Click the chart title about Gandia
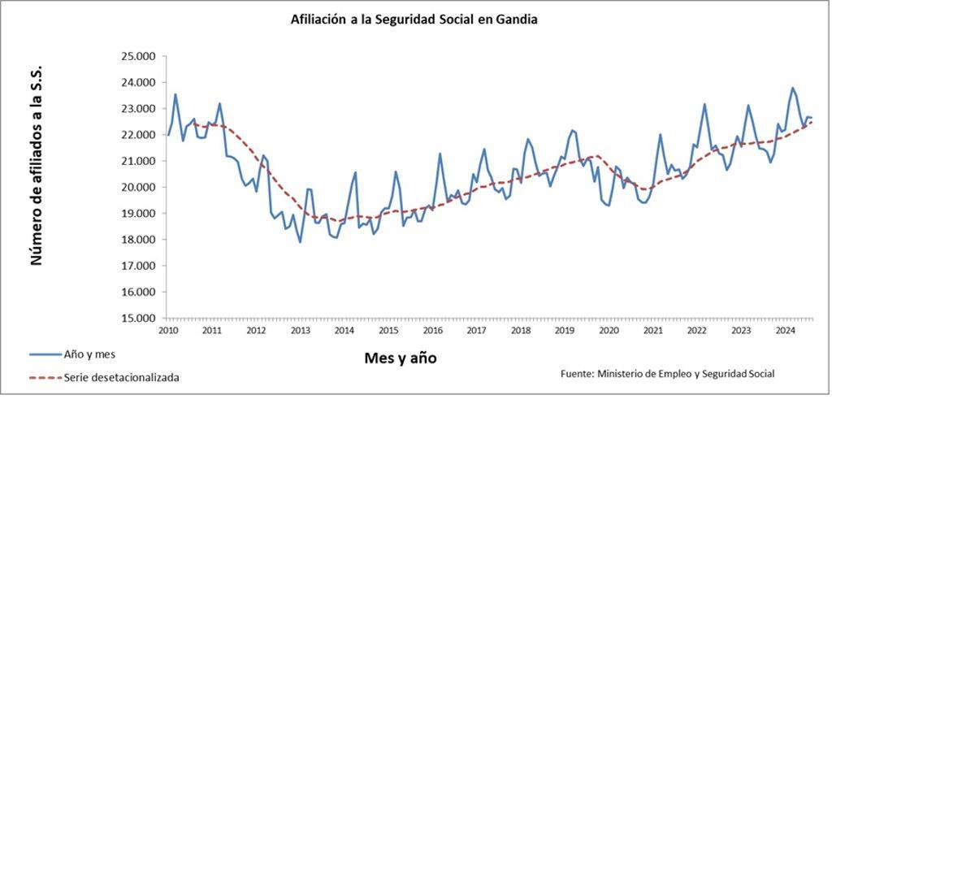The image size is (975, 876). click(x=414, y=19)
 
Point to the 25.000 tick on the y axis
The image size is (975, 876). click(x=137, y=56)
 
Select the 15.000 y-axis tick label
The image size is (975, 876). click(x=137, y=318)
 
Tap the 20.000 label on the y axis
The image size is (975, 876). click(x=137, y=187)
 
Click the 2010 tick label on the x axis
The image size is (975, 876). click(x=168, y=331)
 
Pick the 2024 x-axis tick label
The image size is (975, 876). click(x=785, y=331)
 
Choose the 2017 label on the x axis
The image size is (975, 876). click(x=476, y=331)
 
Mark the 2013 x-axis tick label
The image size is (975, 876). click(x=300, y=331)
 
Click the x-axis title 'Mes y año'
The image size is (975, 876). click(x=400, y=358)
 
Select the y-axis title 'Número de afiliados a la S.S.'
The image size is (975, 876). click(x=36, y=167)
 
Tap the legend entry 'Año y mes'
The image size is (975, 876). click(x=89, y=354)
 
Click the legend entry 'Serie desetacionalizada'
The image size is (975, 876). click(x=121, y=377)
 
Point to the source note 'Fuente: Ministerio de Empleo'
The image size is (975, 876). click(x=667, y=374)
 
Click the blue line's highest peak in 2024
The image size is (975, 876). click(x=792, y=88)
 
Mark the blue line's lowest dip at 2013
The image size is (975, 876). click(x=300, y=242)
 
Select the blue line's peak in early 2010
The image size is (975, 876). click(x=175, y=94)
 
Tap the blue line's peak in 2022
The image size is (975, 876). click(x=704, y=104)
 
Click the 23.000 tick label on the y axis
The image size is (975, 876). click(x=137, y=109)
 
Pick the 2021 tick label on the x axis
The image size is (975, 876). click(x=652, y=331)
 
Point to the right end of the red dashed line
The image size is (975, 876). click(x=812, y=122)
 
